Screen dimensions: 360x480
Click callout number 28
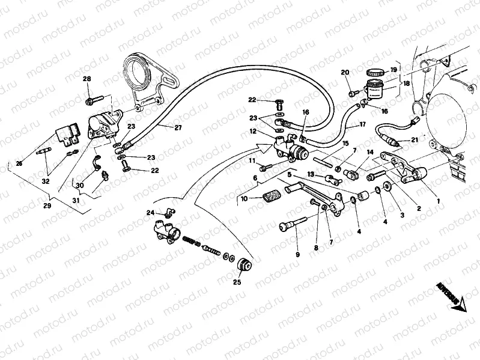pos(87,79)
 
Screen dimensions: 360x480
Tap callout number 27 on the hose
pos(178,127)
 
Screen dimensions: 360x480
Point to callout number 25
pos(237,282)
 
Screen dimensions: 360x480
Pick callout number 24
pos(151,213)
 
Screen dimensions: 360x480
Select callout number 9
pos(297,255)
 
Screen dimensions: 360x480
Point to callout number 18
pos(406,84)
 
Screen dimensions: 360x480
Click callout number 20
pos(345,73)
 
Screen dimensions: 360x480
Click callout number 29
pos(47,206)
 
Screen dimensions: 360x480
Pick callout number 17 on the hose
pos(363,125)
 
